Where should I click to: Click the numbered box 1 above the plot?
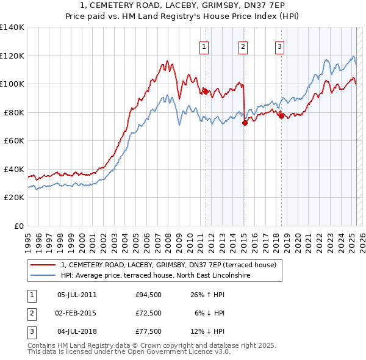pyautogui.click(x=204, y=46)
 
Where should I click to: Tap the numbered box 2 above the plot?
pyautogui.click(x=243, y=46)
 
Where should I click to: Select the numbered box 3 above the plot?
pyautogui.click(x=279, y=46)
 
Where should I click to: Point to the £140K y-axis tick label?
pyautogui.click(x=12, y=27)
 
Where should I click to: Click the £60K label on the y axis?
pyautogui.click(x=14, y=141)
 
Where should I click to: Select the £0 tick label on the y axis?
pyautogui.click(x=20, y=226)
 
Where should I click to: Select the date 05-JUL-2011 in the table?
pyautogui.click(x=77, y=295)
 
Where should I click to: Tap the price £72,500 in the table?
pyautogui.click(x=149, y=313)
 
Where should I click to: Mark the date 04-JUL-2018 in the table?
pyautogui.click(x=77, y=331)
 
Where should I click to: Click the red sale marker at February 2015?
pyautogui.click(x=244, y=123)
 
